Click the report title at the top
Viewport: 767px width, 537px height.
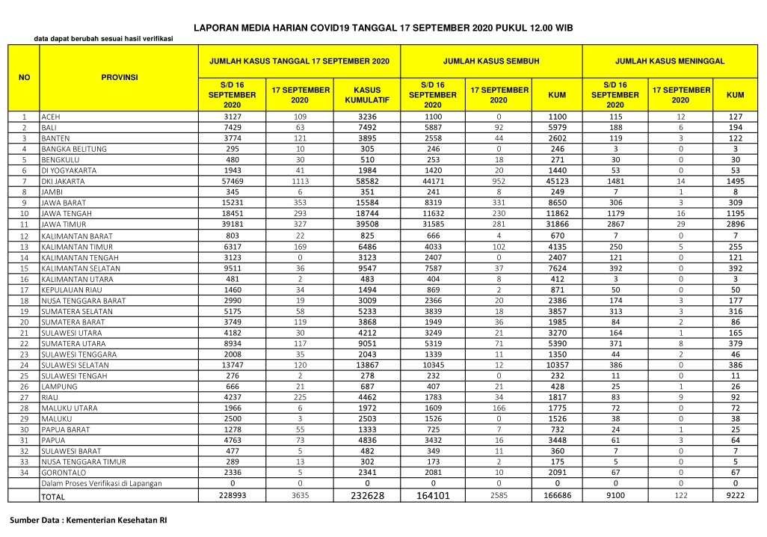coord(383,27)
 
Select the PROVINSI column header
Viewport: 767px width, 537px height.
coord(120,77)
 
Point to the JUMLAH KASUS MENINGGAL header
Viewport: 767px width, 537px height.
coord(669,60)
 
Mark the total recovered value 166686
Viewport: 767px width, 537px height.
coord(557,496)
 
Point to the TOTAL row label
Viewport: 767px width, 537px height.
coord(53,497)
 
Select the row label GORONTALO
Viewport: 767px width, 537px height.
coord(64,473)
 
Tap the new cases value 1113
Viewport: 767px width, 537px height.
coord(301,182)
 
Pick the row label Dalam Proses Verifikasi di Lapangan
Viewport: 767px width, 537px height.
coord(102,484)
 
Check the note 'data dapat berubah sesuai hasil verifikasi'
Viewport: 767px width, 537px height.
coord(103,39)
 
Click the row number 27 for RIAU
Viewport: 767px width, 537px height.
coord(24,398)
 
